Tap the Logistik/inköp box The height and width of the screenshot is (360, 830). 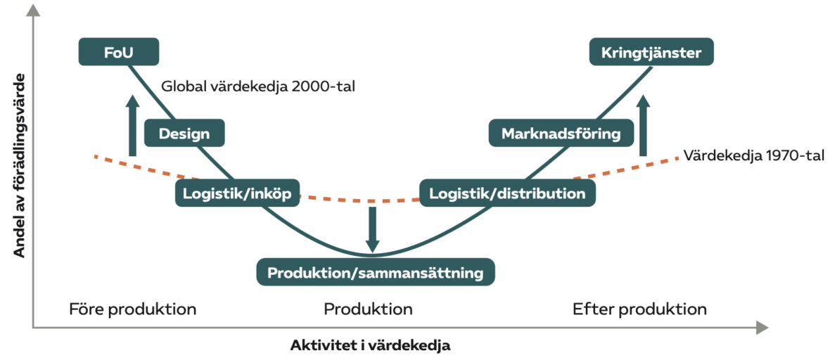[238, 193]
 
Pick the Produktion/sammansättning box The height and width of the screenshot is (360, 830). [376, 272]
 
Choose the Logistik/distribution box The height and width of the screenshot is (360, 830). [507, 193]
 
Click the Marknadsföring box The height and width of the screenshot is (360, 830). [561, 133]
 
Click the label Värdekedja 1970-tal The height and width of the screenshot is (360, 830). [754, 155]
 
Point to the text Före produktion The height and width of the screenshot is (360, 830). [132, 309]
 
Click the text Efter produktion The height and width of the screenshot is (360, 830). [639, 309]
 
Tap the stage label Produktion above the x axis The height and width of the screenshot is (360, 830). [368, 309]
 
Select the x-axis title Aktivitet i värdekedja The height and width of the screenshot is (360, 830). [370, 346]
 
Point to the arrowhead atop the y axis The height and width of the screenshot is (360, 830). [33, 10]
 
